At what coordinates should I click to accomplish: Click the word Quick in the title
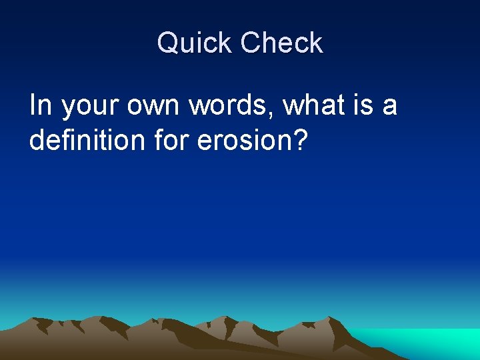click(x=195, y=43)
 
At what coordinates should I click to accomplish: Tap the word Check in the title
click(x=281, y=43)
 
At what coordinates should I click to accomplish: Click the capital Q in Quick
click(x=167, y=43)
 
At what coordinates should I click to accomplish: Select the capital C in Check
click(x=252, y=43)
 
